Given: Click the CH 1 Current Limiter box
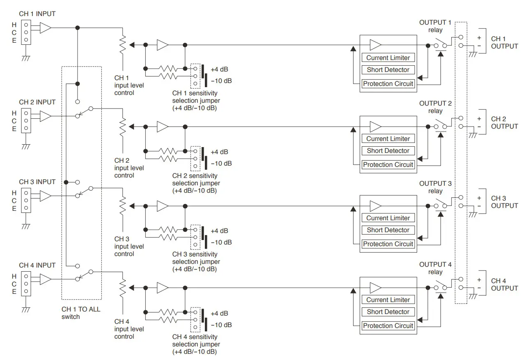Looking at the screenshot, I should [388, 58].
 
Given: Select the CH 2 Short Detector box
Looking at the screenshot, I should [388, 151].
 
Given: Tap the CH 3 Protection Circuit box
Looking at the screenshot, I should [388, 244].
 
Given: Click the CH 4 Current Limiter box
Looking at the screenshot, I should [388, 300].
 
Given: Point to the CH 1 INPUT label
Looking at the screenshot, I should [37, 14].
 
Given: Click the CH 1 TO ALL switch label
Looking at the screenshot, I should [81, 313].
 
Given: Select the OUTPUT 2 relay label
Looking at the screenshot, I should [435, 107].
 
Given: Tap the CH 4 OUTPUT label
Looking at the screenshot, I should [504, 284].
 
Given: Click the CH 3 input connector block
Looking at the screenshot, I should [26, 199].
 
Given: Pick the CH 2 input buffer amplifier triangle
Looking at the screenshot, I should [46, 116].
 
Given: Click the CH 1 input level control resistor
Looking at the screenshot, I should [122, 45].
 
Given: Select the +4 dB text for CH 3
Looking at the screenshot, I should [219, 231].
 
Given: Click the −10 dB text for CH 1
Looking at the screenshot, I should [221, 81].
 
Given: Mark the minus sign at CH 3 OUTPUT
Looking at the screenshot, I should [479, 205].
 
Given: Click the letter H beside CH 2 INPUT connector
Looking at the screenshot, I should [14, 113].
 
